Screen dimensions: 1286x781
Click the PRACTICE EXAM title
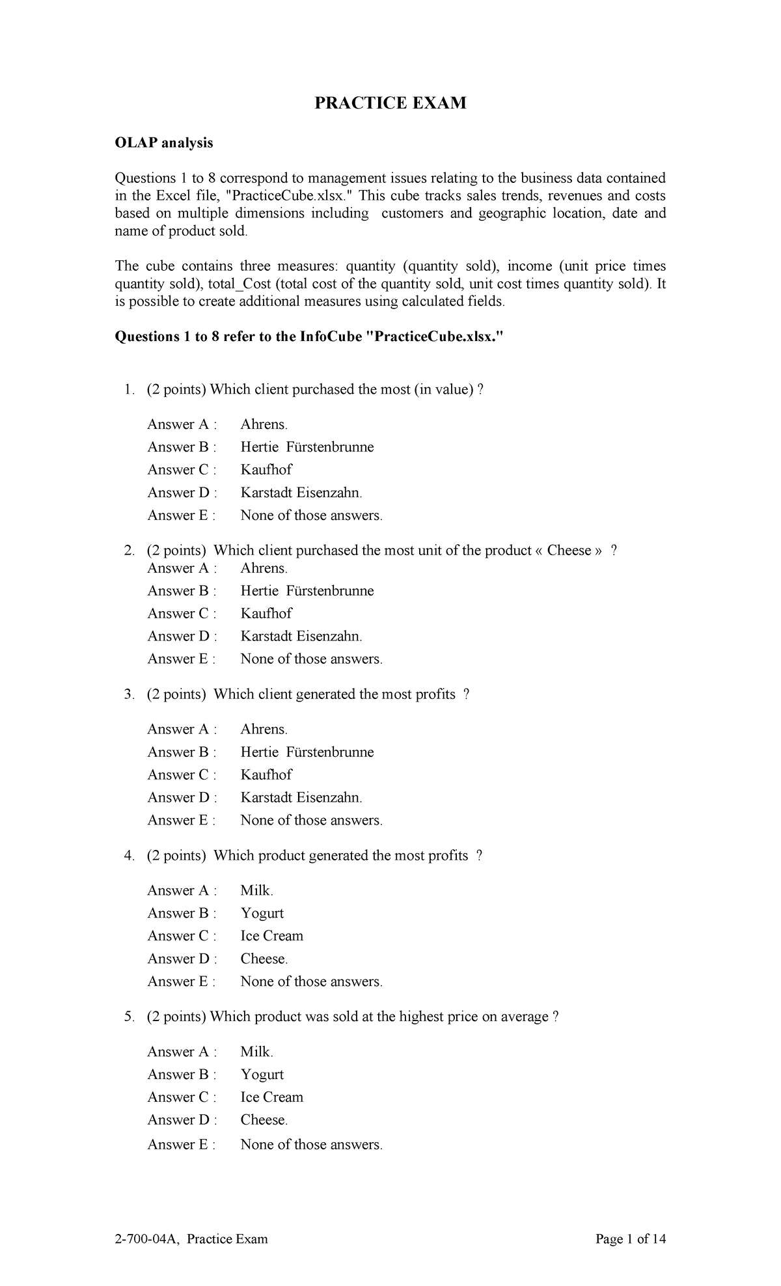coord(390,103)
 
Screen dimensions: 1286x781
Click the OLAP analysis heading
coord(163,143)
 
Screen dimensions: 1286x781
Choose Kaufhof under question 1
coord(266,470)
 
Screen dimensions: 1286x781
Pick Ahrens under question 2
coord(264,568)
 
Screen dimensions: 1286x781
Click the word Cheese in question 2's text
coord(569,551)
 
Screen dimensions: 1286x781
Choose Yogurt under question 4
coord(262,913)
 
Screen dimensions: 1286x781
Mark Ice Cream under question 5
coord(271,1097)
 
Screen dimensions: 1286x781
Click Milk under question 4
coord(256,890)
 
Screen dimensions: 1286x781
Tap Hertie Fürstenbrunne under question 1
coord(307,447)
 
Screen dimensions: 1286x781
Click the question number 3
coord(128,694)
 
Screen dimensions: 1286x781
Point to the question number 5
coord(128,1017)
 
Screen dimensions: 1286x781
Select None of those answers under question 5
coord(311,1144)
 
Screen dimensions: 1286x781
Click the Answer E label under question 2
coord(181,659)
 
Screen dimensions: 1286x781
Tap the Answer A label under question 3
coord(182,730)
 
